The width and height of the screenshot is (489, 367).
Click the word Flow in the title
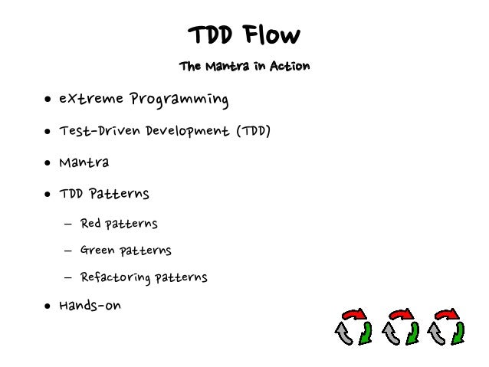[272, 35]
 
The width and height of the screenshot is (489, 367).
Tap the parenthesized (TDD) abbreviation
[254, 131]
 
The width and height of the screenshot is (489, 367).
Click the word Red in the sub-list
[90, 224]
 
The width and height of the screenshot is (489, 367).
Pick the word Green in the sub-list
[97, 251]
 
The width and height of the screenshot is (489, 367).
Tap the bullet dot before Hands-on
[48, 306]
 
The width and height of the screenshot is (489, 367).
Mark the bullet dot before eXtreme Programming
[48, 100]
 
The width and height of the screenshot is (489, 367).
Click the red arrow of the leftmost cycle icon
[354, 314]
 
